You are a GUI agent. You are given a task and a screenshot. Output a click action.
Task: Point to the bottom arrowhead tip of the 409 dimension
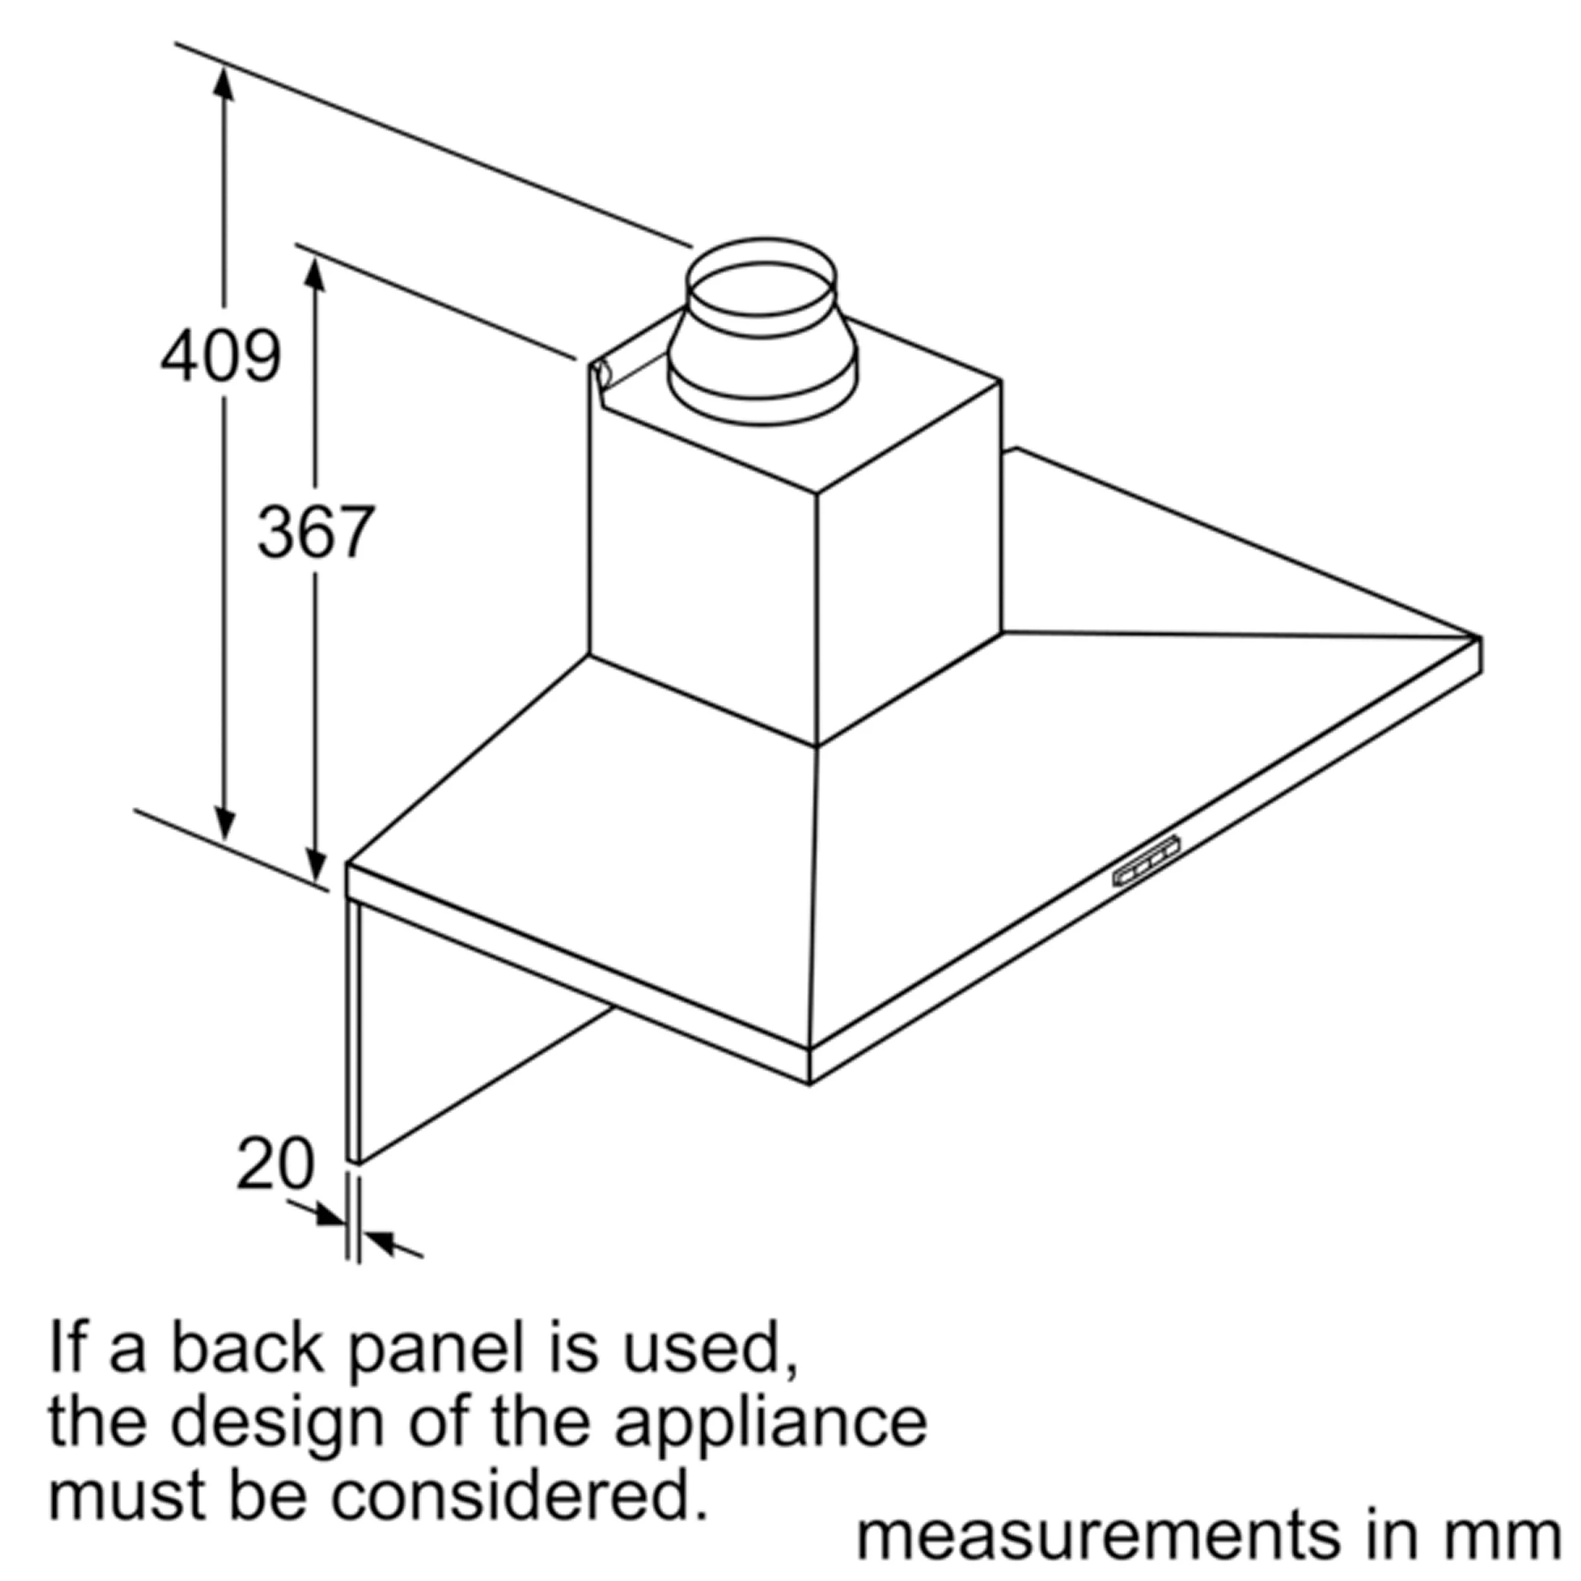tap(225, 841)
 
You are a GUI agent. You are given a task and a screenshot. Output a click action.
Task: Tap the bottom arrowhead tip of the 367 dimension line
tap(315, 884)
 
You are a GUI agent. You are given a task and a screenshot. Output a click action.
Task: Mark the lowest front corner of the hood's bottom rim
tap(810, 1085)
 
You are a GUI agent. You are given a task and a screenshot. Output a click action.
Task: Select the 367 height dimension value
tap(316, 532)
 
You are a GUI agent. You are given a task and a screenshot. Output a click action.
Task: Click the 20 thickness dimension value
tap(275, 1163)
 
